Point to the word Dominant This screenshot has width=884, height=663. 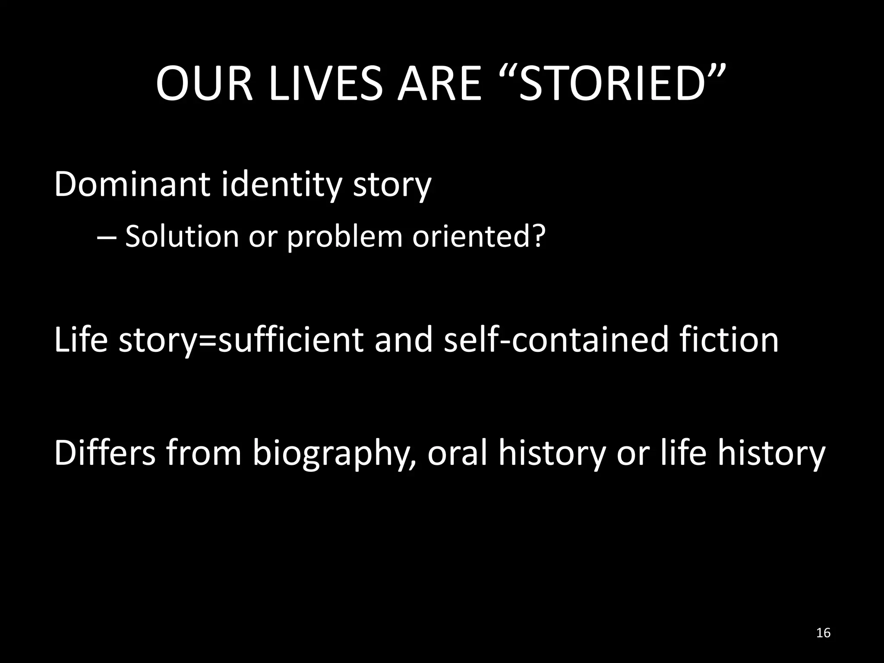[x=132, y=184]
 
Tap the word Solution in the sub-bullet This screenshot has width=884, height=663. [x=182, y=236]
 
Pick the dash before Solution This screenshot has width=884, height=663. [x=105, y=237]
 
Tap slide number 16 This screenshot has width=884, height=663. [x=824, y=633]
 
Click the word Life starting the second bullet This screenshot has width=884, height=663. [x=81, y=340]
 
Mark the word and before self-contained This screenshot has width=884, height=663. [x=403, y=340]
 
